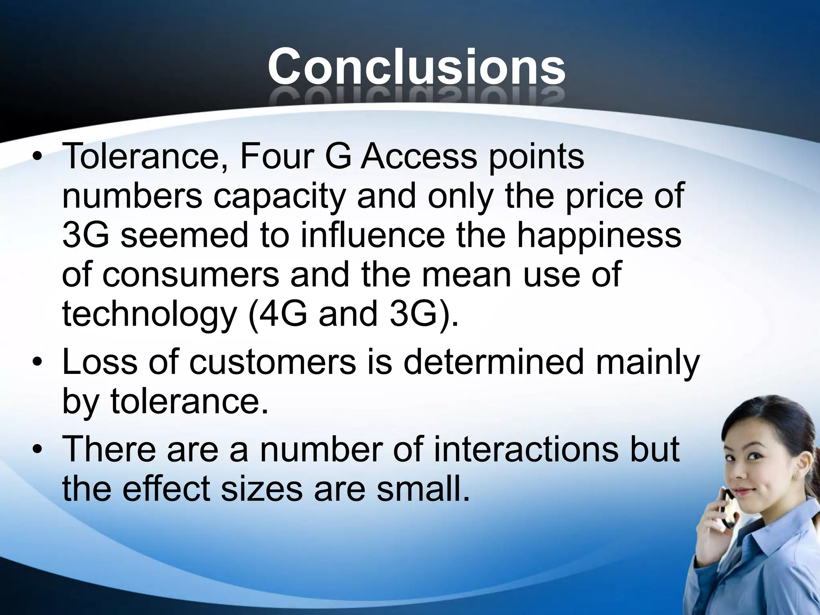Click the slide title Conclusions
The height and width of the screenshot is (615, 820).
pyautogui.click(x=416, y=66)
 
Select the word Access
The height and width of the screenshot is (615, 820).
pyautogui.click(x=418, y=156)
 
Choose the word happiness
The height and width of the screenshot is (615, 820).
pyautogui.click(x=599, y=235)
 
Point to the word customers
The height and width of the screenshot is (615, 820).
pyautogui.click(x=272, y=362)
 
